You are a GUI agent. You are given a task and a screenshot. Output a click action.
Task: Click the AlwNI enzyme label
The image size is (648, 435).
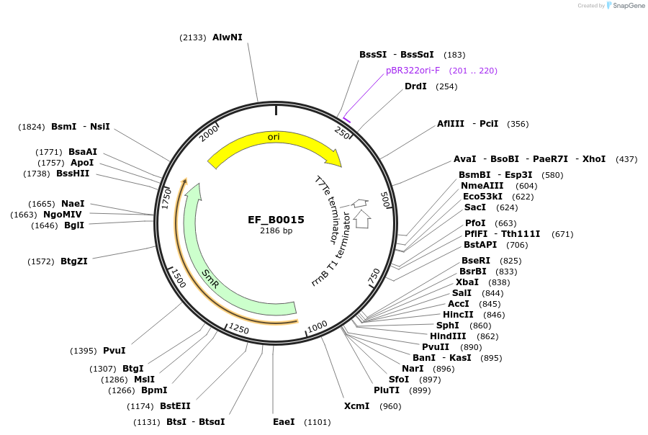click(227, 37)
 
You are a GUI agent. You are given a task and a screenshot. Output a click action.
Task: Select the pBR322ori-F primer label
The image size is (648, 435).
click(413, 71)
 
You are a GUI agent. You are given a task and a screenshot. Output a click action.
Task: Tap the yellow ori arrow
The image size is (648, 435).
click(274, 138)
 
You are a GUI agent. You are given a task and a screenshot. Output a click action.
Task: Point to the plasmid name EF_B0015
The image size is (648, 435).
click(276, 220)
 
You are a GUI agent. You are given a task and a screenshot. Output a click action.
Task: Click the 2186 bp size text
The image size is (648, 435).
click(276, 231)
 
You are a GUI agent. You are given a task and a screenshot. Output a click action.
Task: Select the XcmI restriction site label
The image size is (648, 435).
click(356, 406)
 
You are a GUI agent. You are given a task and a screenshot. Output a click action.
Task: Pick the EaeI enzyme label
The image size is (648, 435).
click(284, 421)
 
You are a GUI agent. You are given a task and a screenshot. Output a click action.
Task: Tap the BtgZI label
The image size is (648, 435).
click(74, 261)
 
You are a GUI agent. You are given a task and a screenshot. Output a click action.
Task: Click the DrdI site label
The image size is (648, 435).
click(415, 86)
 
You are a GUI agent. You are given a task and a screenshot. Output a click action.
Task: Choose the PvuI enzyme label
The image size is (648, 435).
click(114, 351)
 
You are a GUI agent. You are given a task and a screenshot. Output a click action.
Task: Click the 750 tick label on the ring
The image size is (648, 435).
click(374, 276)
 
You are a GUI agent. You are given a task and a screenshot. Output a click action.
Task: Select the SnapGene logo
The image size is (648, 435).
click(624, 6)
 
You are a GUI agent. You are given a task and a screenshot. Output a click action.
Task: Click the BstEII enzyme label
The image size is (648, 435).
click(175, 406)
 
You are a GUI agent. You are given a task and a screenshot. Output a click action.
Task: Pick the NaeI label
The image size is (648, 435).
click(73, 204)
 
